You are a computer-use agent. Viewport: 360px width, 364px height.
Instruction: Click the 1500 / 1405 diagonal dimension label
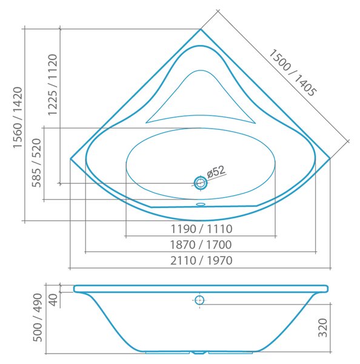pos(292,72)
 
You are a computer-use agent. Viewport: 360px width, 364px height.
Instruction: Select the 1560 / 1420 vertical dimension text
pos(18,118)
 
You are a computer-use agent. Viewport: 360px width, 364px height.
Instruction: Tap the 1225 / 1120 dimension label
pos(52,85)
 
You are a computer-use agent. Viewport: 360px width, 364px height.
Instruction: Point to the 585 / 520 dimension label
pos(36,163)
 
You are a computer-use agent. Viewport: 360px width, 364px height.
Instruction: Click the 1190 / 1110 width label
pos(201,229)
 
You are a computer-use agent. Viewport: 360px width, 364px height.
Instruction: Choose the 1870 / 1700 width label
pos(201,244)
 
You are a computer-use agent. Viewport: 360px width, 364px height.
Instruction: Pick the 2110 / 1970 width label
pos(201,260)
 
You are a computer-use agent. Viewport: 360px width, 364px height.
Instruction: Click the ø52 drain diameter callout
pos(216,172)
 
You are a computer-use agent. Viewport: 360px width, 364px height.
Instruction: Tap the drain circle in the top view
pos(201,183)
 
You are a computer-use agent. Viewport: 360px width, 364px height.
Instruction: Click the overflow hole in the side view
pos(199,300)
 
